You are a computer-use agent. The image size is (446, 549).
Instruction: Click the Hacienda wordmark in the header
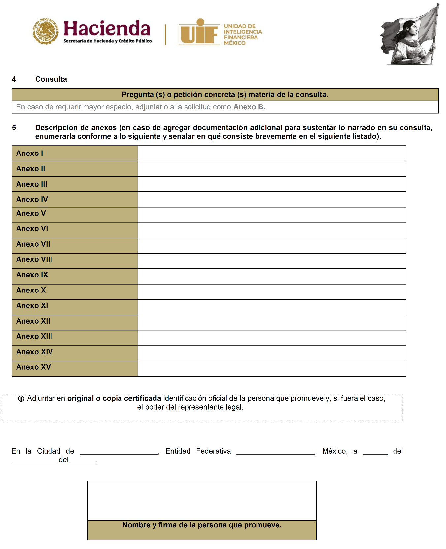click(x=107, y=28)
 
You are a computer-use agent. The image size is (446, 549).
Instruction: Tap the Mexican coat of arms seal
click(x=46, y=31)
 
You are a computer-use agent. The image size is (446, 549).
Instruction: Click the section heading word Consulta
click(x=51, y=79)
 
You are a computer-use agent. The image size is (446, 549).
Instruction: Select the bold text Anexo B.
click(x=249, y=107)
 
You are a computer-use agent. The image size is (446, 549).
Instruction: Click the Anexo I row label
click(x=30, y=154)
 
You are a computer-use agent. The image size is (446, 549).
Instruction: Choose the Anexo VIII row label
click(x=34, y=259)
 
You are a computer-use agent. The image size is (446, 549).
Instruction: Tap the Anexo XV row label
click(x=34, y=367)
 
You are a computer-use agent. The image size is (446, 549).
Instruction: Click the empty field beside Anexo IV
click(x=271, y=200)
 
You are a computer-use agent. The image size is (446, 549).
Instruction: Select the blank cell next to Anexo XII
click(x=271, y=323)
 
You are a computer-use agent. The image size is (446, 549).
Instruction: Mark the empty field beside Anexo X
click(x=271, y=292)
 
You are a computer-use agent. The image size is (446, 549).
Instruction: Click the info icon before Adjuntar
click(x=21, y=399)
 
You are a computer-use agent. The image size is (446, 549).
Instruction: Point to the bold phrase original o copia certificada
click(x=114, y=398)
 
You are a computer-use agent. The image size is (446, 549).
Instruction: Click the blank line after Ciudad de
click(x=119, y=452)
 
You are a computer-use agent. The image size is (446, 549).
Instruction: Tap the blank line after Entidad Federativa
click(x=276, y=452)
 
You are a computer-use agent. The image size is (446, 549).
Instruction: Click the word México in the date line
click(x=334, y=451)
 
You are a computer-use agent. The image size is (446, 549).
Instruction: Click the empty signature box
click(x=202, y=500)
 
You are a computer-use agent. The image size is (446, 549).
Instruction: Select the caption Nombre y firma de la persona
click(x=202, y=525)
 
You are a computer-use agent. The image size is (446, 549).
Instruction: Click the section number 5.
click(x=15, y=128)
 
